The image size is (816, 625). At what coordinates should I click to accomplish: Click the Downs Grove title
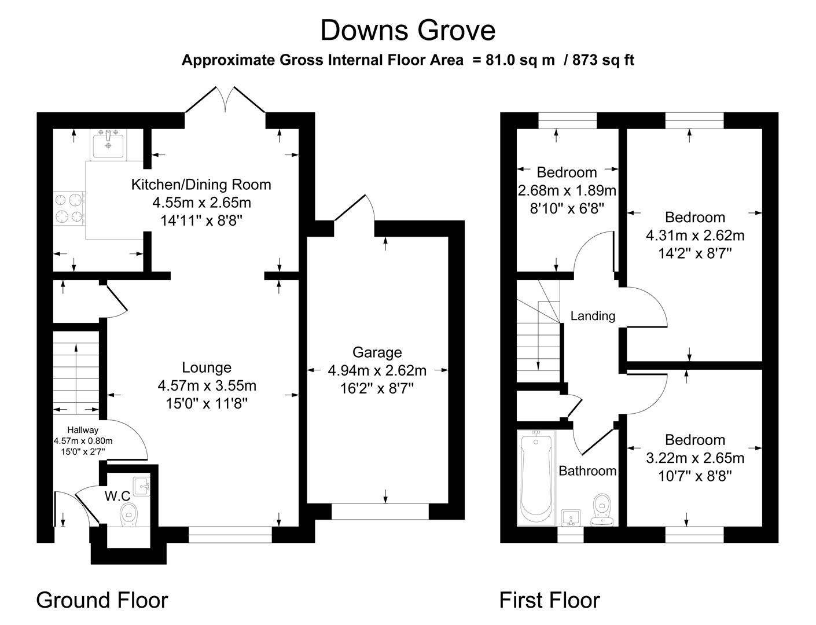click(x=407, y=31)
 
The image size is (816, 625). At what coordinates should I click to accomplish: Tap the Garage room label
click(x=377, y=352)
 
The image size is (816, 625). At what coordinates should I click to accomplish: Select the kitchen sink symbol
click(x=107, y=144)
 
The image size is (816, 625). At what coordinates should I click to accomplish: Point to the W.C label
click(x=117, y=496)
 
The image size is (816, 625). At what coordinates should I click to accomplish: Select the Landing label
click(x=593, y=316)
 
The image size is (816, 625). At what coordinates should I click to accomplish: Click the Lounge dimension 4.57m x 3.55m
click(x=207, y=385)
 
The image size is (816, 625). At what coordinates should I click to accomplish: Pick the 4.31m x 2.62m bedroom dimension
click(x=694, y=236)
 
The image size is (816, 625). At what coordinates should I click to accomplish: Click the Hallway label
click(x=83, y=430)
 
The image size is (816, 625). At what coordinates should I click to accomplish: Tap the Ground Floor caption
click(x=102, y=600)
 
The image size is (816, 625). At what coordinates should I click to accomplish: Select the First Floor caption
click(x=549, y=600)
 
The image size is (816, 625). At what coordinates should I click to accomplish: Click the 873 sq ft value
click(x=603, y=60)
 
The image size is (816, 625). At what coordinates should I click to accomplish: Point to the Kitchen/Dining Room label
click(x=201, y=185)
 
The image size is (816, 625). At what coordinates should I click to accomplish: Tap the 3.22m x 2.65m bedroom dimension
click(x=694, y=458)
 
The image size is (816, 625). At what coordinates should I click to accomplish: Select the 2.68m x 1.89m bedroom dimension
click(x=567, y=190)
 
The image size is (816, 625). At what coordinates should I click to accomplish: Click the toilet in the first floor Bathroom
click(x=603, y=510)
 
